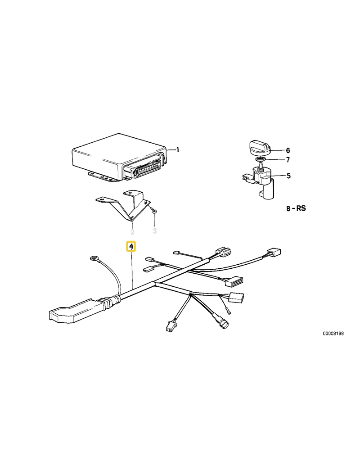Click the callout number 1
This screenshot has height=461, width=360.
coord(177,149)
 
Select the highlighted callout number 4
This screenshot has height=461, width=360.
coord(131,247)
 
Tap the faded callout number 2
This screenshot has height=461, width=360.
coord(133,232)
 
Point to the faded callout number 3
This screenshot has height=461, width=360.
coord(155,231)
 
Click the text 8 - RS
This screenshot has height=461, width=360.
coord(296,208)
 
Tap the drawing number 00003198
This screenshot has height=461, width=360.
coord(333,334)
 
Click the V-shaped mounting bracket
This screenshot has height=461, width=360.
coord(124,204)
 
